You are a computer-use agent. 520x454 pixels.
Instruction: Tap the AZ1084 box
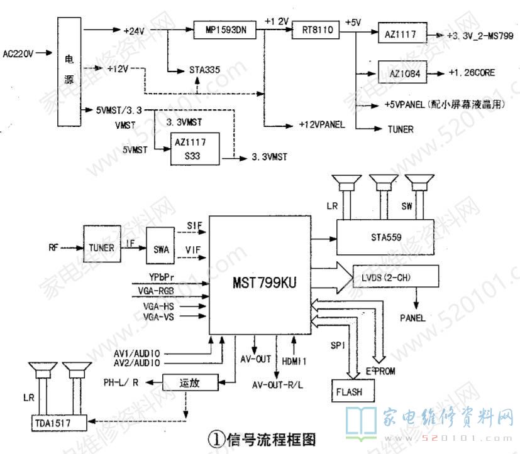(402, 73)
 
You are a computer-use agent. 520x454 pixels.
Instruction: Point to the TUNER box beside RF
(101, 248)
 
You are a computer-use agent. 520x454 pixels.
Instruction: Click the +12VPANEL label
(322, 124)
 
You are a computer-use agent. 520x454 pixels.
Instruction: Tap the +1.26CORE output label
(472, 73)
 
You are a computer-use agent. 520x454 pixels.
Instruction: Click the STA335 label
(204, 70)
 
